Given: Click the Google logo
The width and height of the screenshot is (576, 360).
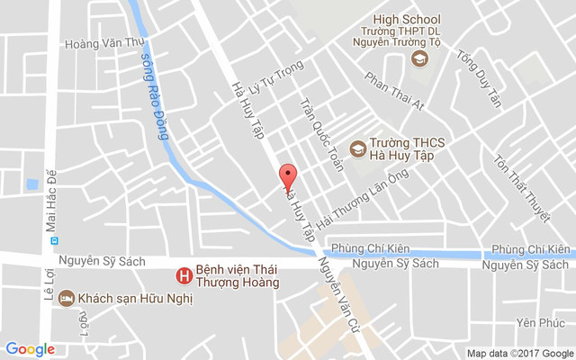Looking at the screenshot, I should pyautogui.click(x=30, y=349).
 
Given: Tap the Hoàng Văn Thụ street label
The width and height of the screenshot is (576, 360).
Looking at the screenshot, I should pyautogui.click(x=98, y=42).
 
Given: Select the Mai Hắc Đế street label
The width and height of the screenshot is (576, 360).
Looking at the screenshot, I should pyautogui.click(x=50, y=199).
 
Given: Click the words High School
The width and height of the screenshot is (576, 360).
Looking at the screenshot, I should pyautogui.click(x=408, y=19).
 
